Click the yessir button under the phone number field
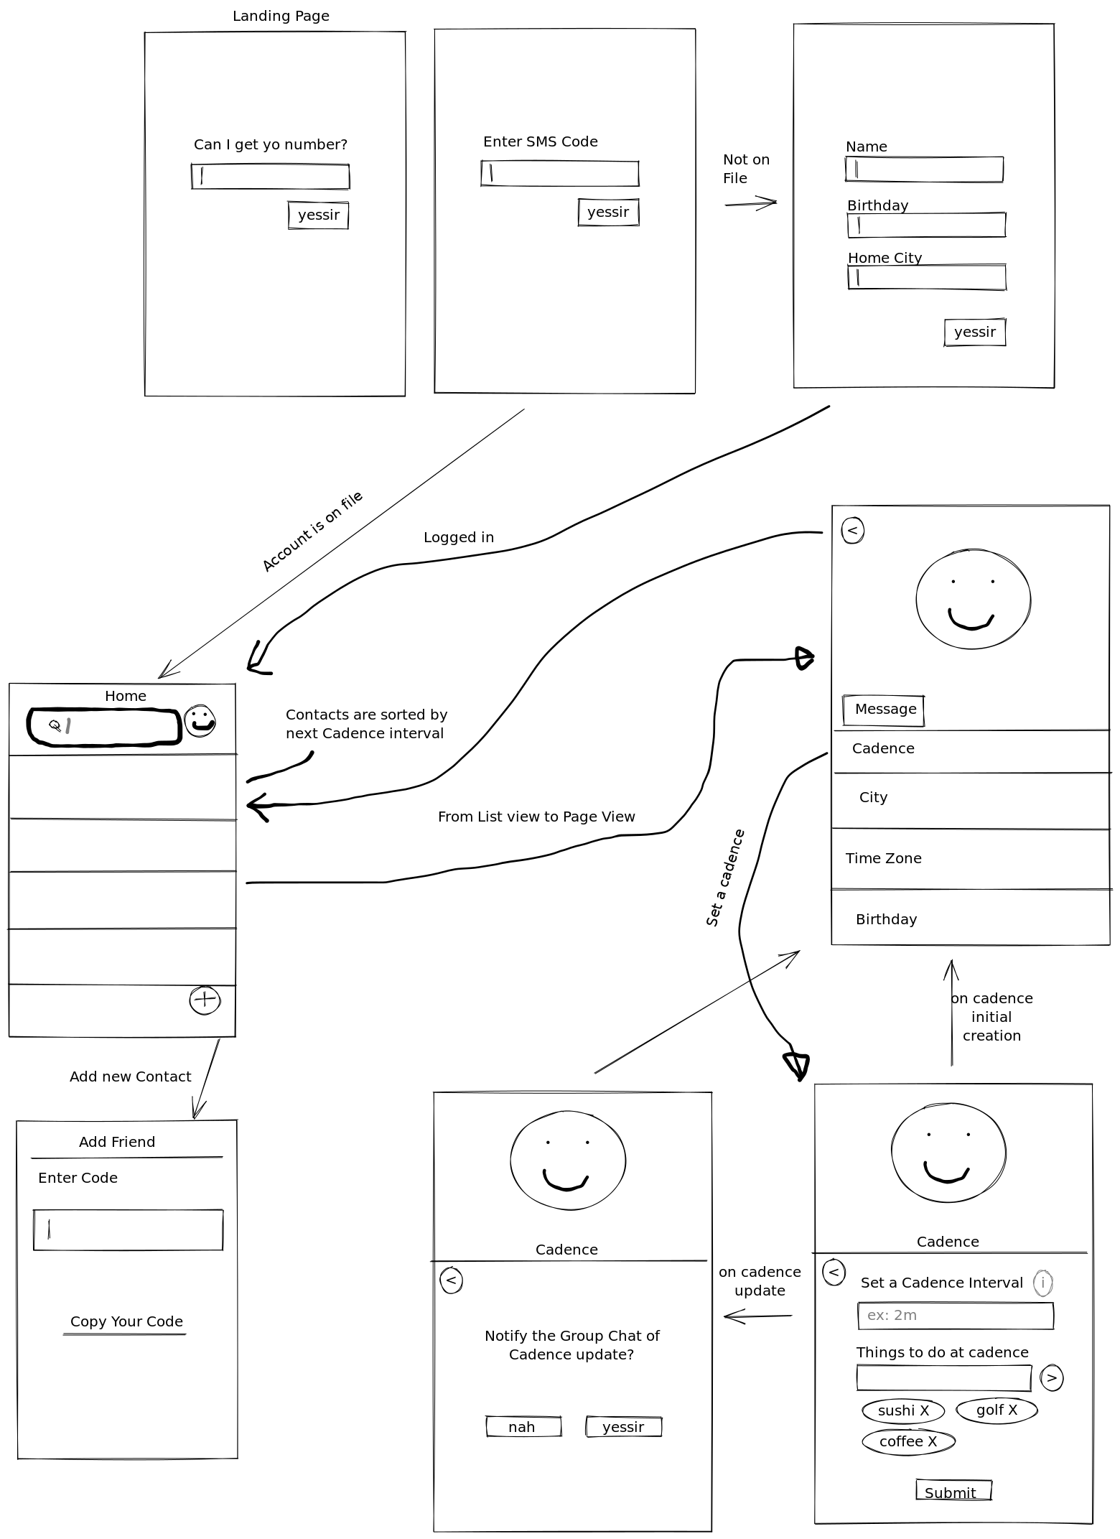pyautogui.click(x=318, y=215)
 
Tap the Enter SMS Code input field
pyautogui.click(x=560, y=174)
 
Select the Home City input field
pyautogui.click(x=927, y=278)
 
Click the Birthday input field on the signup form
pyautogui.click(x=927, y=225)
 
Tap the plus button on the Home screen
pyautogui.click(x=205, y=1000)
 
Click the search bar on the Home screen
pyautogui.click(x=104, y=727)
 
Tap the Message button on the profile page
pyautogui.click(x=884, y=710)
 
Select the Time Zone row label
pyautogui.click(x=883, y=859)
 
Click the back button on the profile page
pyautogui.click(x=852, y=531)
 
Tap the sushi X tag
pyautogui.click(x=903, y=1411)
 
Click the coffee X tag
pyautogui.click(x=907, y=1442)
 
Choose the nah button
pyautogui.click(x=523, y=1427)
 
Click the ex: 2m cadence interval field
pyautogui.click(x=956, y=1316)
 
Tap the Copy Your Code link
pyautogui.click(x=126, y=1322)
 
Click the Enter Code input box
pyautogui.click(x=128, y=1230)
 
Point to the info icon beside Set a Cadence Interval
pyautogui.click(x=1042, y=1283)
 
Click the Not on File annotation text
pyautogui.click(x=745, y=169)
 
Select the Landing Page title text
pyautogui.click(x=281, y=16)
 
